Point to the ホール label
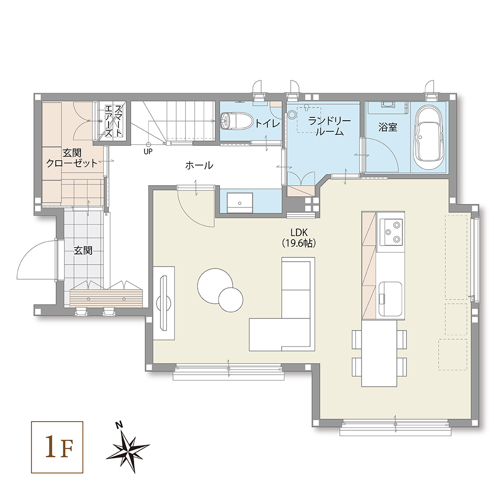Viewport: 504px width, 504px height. pyautogui.click(x=199, y=165)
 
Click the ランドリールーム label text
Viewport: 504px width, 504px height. pyautogui.click(x=330, y=126)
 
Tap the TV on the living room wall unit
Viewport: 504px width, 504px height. pyautogui.click(x=164, y=302)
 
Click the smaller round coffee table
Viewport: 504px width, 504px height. pyautogui.click(x=231, y=299)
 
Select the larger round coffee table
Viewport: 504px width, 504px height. pyautogui.click(x=215, y=285)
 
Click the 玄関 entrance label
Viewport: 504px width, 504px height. pyautogui.click(x=83, y=251)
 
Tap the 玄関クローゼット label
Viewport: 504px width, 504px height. pyautogui.click(x=72, y=158)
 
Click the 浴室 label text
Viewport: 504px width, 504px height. pyautogui.click(x=388, y=127)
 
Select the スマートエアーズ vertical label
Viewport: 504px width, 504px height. pyautogui.click(x=114, y=121)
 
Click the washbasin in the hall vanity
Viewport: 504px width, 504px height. pyautogui.click(x=239, y=203)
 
